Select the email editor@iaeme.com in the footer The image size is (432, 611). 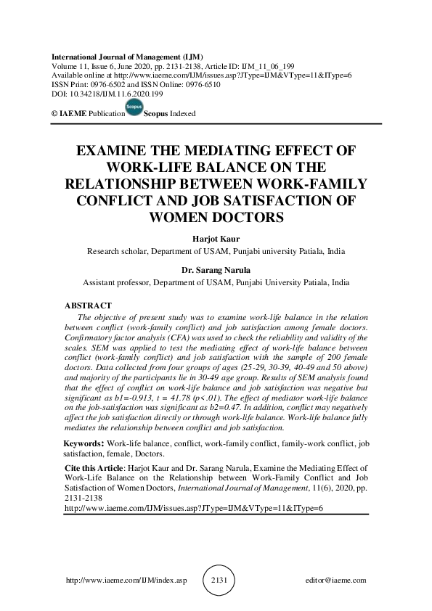tap(337, 581)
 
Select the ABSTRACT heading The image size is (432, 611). tap(88, 306)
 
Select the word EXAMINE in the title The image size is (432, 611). tap(117, 152)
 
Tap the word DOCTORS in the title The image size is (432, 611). tap(245, 216)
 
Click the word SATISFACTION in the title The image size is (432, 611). tap(288, 200)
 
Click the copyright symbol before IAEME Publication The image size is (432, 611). tap(54, 115)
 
